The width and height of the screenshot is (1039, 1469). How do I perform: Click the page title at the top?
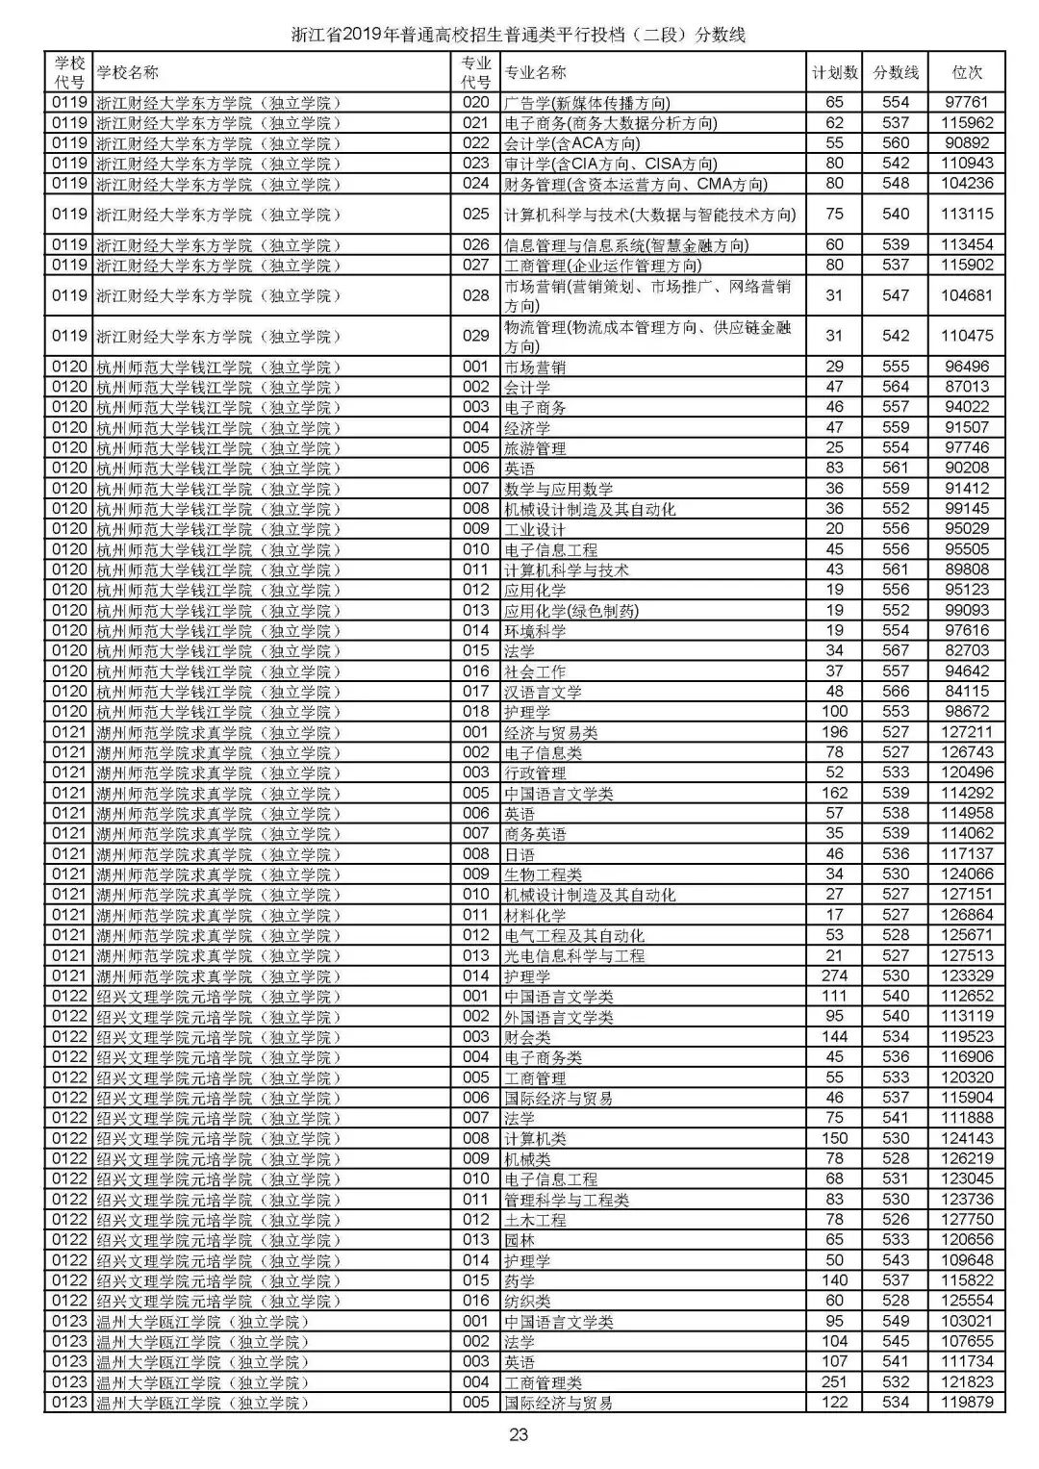click(519, 35)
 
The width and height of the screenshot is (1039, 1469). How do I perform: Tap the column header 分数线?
click(896, 72)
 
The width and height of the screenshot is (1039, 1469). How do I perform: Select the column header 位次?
click(967, 72)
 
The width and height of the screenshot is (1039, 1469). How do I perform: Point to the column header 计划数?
click(834, 72)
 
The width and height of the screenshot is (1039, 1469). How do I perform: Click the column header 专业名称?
click(536, 72)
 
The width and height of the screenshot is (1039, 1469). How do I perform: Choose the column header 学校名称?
click(128, 72)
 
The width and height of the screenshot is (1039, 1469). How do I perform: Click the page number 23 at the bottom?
click(519, 1435)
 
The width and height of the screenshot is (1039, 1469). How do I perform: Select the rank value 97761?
click(967, 102)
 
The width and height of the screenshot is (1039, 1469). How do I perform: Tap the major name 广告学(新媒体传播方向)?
click(587, 102)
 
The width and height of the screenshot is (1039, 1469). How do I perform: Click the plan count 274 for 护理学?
click(834, 975)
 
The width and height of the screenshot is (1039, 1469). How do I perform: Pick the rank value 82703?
click(967, 650)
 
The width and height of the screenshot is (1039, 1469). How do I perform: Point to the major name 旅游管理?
click(535, 448)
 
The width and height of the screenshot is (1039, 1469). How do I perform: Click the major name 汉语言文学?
click(543, 692)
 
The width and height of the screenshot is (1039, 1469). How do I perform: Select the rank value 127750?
click(967, 1219)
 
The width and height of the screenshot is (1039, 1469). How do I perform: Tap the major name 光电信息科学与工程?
click(574, 955)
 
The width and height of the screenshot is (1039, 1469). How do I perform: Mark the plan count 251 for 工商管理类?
click(834, 1381)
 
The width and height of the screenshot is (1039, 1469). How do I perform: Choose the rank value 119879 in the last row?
click(967, 1402)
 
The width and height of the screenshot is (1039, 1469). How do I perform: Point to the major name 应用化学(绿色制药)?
click(570, 610)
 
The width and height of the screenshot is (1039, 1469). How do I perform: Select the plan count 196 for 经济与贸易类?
click(834, 732)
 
